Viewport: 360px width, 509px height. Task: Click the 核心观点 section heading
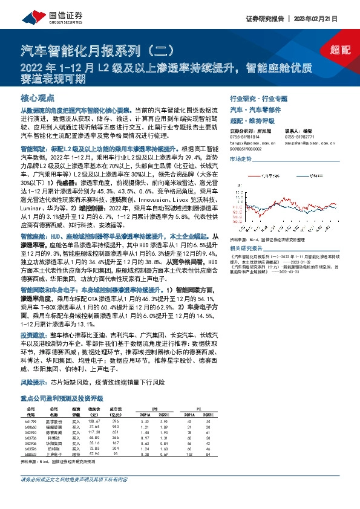[x=37, y=97]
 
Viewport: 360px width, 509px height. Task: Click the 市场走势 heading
[x=240, y=159]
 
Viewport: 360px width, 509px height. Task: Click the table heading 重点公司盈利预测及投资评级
[x=62, y=398]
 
